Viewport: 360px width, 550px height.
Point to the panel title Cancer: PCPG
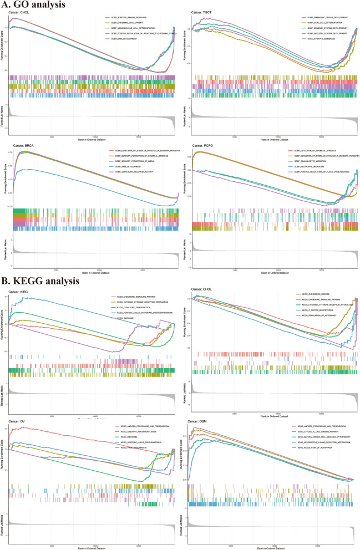coord(202,146)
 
